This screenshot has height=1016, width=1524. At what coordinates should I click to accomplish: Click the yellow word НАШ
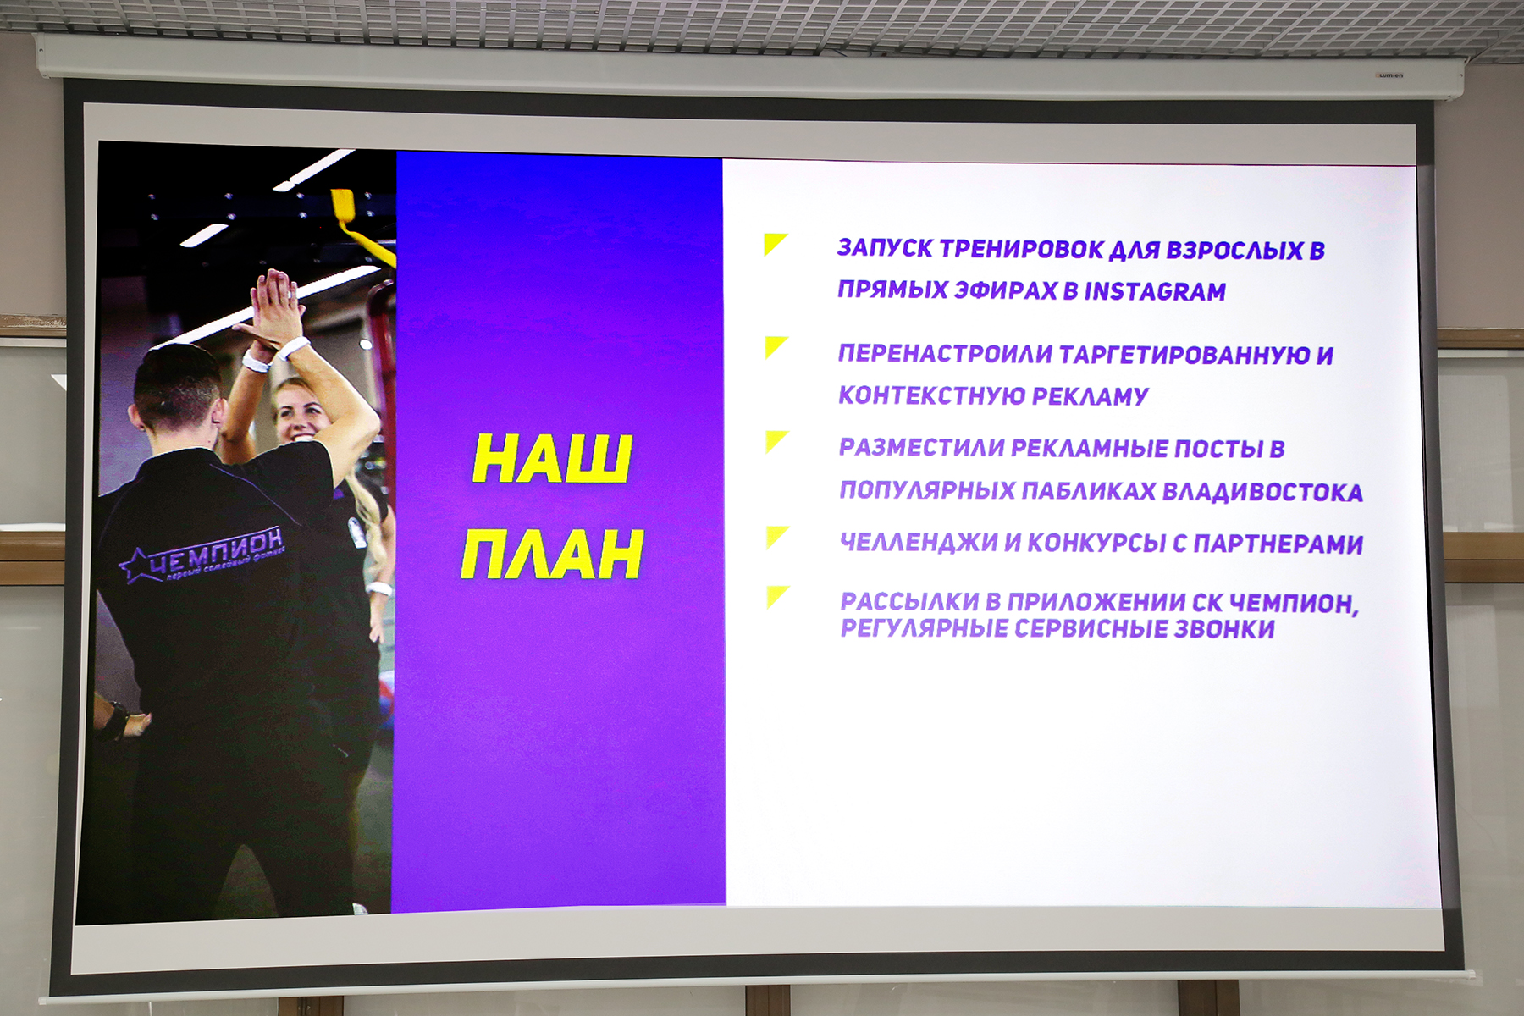(551, 458)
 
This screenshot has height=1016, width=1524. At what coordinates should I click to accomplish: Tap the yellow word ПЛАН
(552, 555)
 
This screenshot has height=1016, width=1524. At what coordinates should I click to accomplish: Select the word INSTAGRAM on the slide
(1155, 291)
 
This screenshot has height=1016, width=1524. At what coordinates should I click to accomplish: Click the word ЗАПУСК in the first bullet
(885, 248)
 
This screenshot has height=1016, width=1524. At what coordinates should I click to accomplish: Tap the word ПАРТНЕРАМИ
(1278, 544)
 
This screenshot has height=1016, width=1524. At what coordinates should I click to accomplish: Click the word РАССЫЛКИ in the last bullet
(909, 601)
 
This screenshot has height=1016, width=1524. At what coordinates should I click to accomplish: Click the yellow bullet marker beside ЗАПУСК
(775, 244)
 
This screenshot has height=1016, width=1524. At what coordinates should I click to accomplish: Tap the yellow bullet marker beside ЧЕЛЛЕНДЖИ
(777, 537)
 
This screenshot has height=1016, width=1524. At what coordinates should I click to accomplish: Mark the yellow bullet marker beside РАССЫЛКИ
(777, 597)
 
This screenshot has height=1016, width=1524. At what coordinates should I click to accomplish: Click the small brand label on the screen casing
(1389, 75)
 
